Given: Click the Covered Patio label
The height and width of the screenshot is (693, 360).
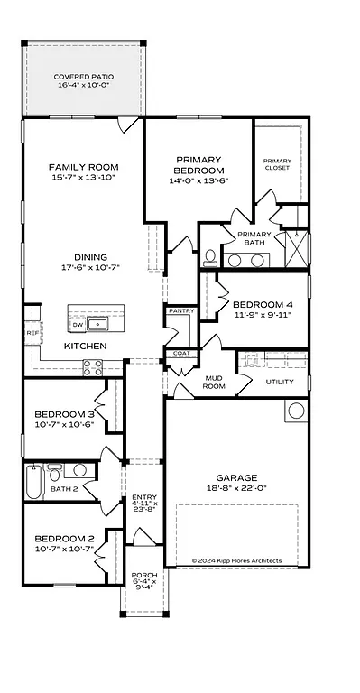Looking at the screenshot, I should coord(83,77).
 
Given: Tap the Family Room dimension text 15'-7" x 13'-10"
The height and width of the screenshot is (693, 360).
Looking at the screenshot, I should coord(83,179).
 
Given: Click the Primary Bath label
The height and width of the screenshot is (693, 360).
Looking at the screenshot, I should coord(254,238).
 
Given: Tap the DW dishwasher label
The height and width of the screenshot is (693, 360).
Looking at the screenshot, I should coord(77,324).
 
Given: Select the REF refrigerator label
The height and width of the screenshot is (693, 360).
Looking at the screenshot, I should coord(32,333).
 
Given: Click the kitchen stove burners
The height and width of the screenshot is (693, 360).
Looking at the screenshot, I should coord(92,367).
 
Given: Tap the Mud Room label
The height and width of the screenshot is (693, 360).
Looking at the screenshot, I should coord(213,382).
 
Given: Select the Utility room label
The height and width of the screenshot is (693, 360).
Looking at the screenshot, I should coord(279,382).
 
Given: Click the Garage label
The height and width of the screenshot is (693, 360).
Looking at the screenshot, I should coord(236,478).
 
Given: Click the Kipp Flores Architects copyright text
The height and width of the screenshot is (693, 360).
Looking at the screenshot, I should coord(236,560).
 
